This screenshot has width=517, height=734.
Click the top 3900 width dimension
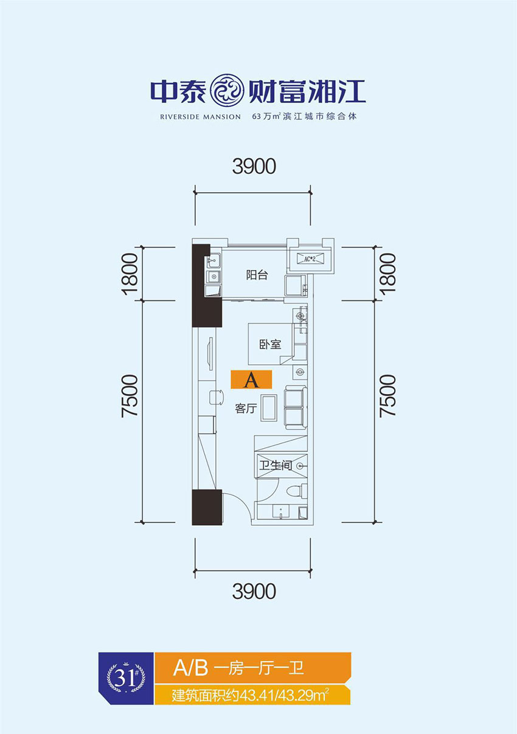tap(254, 166)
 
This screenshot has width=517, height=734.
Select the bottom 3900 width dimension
tap(254, 590)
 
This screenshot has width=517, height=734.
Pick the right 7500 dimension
tap(387, 395)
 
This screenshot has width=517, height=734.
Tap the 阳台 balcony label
tap(257, 275)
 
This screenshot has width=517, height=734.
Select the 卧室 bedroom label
tap(270, 344)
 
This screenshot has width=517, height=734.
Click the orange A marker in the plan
tap(251, 381)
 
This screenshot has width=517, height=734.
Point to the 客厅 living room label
tap(245, 409)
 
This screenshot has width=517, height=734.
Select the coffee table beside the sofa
tap(269, 407)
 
